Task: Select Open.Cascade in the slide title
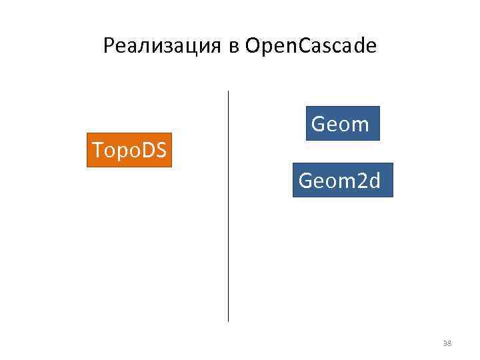point(311,47)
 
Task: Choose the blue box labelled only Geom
point(342,123)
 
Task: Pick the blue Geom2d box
point(342,180)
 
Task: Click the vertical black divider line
point(228,207)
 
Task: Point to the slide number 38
point(447,343)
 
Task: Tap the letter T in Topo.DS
point(97,151)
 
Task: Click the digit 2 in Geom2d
point(361,180)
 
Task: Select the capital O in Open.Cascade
point(253,46)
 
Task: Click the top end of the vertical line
point(228,92)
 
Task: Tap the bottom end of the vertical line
point(228,321)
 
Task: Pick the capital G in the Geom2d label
point(305,180)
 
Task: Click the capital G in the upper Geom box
point(319,123)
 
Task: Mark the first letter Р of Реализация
point(109,46)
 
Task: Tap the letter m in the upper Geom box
point(360,124)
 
